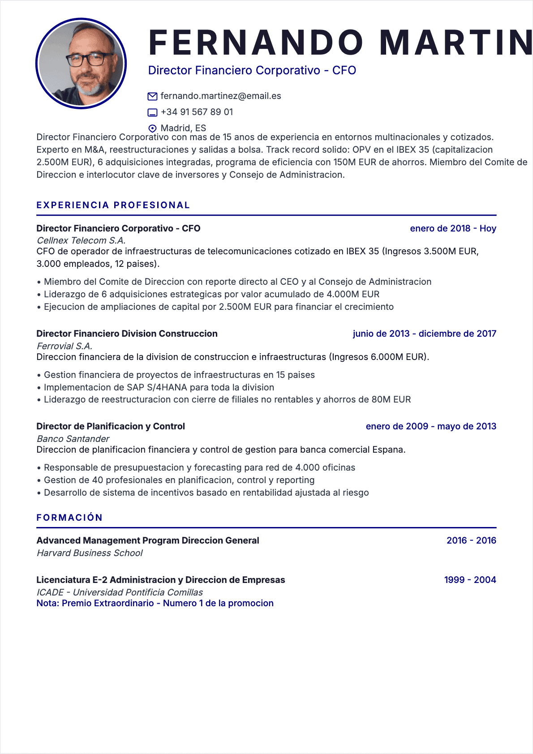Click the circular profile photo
81,63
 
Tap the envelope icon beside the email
152,96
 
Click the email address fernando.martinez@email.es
221,96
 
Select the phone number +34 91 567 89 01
197,112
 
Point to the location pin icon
152,128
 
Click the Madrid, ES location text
183,128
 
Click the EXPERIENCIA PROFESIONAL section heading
113,205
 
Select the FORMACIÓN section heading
69,518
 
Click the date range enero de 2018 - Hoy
453,228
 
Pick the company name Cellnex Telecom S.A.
81,240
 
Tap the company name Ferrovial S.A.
64,346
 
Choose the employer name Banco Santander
73,439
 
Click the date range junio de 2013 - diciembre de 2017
424,334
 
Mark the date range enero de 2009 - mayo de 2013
431,426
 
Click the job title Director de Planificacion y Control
111,426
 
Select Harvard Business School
90,553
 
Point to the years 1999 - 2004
470,580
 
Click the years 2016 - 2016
471,540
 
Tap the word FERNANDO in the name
256,43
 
